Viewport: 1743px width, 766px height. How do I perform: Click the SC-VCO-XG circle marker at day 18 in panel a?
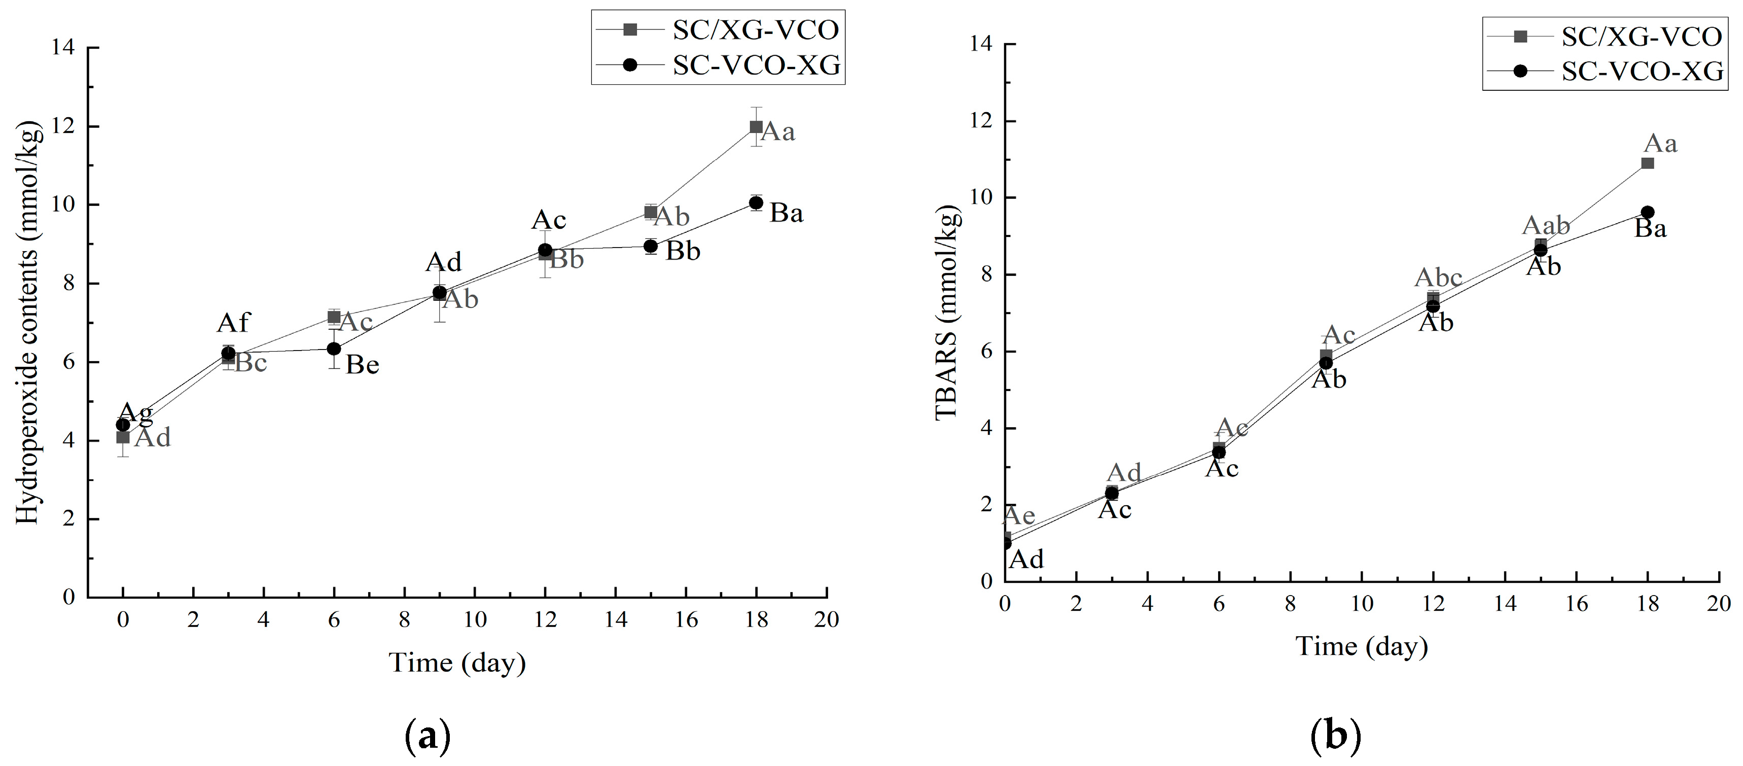(x=756, y=202)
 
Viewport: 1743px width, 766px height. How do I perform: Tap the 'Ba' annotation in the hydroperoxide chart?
(x=786, y=214)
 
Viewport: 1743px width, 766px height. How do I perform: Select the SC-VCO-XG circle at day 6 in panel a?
(x=334, y=349)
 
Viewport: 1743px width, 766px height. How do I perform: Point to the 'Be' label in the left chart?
(x=362, y=365)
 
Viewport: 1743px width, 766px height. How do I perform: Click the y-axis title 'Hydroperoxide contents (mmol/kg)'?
(x=28, y=322)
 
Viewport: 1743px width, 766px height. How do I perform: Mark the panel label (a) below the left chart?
(x=427, y=737)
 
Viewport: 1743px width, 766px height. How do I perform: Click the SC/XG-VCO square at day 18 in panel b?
(x=1647, y=163)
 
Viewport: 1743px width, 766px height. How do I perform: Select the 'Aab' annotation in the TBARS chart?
(x=1545, y=225)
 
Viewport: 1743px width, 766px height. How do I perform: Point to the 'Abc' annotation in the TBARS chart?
(x=1438, y=277)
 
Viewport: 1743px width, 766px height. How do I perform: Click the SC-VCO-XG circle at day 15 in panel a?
(x=650, y=246)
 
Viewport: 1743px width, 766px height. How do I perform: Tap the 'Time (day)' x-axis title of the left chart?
(x=457, y=663)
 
